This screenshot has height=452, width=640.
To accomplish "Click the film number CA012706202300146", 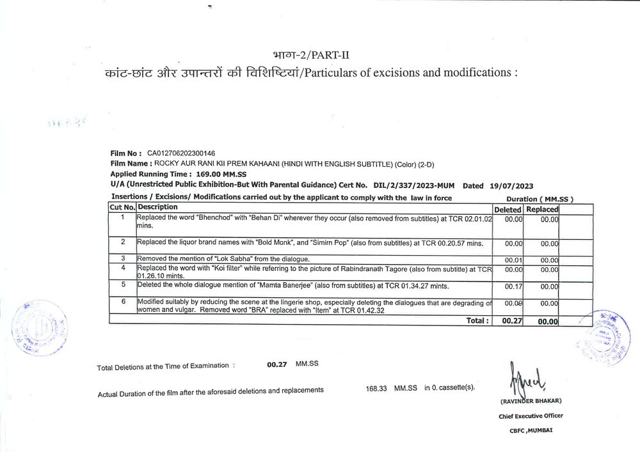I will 181,153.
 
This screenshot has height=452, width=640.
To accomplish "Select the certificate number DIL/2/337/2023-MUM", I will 409,185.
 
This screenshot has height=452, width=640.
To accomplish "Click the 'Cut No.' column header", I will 122,208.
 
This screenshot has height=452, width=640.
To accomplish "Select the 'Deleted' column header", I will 508,210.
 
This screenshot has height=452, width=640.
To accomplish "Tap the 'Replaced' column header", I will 542,210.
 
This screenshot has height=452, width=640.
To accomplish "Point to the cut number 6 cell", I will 122,302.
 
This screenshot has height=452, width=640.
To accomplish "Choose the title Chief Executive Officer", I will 531,416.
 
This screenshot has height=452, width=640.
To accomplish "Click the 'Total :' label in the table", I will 477,320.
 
